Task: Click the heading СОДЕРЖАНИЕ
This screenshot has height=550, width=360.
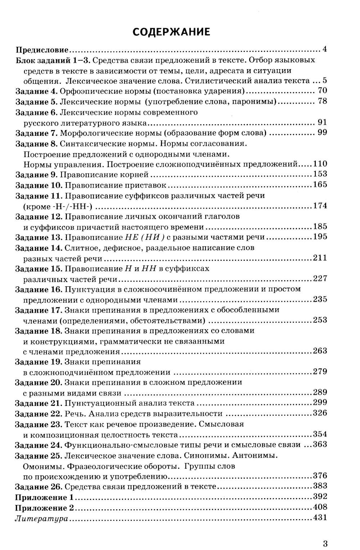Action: (x=171, y=32)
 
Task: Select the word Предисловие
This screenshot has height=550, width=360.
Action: (x=42, y=49)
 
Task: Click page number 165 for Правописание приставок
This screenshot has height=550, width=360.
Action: (x=320, y=185)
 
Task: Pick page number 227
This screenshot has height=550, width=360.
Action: (x=320, y=278)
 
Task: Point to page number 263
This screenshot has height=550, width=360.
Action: (x=320, y=351)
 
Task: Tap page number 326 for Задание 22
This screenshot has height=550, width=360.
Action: (x=320, y=413)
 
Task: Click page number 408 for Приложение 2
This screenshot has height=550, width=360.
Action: (x=320, y=507)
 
